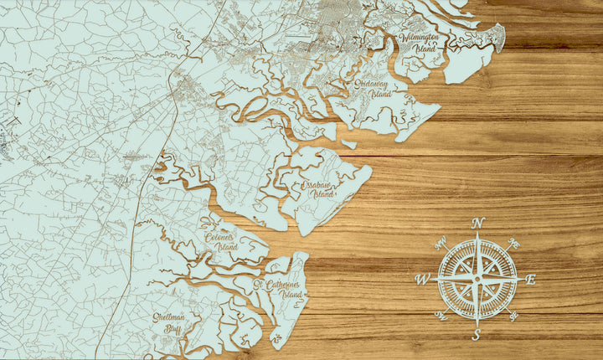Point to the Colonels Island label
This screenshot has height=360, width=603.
tap(222, 242)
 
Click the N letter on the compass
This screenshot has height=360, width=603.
tap(478, 223)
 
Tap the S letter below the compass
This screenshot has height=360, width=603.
tap(477, 335)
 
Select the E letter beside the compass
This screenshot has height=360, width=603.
tap(531, 280)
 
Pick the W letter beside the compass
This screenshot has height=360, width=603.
tap(422, 280)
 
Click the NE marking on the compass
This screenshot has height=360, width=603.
tap(514, 243)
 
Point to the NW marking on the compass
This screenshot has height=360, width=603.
tap(440, 244)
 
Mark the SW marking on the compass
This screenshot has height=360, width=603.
tap(441, 316)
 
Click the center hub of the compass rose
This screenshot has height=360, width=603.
tap(477, 279)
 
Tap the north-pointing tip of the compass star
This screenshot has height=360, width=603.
tap(478, 234)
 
